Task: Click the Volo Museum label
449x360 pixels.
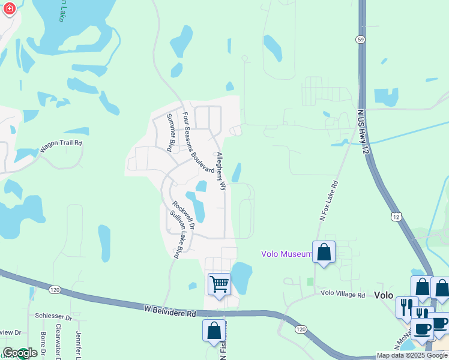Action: pos(286,254)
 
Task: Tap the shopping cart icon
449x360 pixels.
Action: pos(219,283)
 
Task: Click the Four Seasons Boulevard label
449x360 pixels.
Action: pos(198,143)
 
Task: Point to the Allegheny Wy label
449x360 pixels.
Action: pos(221,171)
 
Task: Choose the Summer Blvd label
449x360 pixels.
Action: pos(170,131)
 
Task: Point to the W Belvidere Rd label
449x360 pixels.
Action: pos(170,311)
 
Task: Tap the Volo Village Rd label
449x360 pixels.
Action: pos(343,295)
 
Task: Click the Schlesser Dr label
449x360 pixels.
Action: pos(53,317)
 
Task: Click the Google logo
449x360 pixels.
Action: pos(20,353)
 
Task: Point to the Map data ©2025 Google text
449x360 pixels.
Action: pos(412,355)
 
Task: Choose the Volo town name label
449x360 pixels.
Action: pos(383,295)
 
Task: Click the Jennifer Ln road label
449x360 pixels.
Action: pos(78,345)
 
